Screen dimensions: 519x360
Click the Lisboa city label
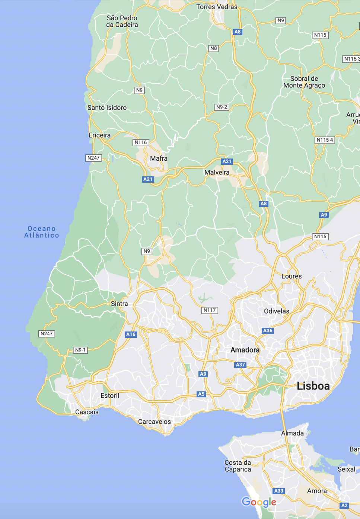(313, 386)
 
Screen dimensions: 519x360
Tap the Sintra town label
(119, 304)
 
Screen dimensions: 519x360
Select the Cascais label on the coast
(87, 412)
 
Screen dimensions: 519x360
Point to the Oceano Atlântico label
(42, 232)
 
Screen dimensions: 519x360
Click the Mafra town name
(159, 158)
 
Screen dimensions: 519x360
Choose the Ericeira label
(99, 135)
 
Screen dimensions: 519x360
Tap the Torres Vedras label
(217, 7)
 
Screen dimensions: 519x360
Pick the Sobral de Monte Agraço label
(304, 82)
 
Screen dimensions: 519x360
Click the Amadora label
(245, 350)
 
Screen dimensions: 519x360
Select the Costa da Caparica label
(238, 466)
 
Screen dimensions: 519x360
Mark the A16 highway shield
(131, 334)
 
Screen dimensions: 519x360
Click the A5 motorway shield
(201, 394)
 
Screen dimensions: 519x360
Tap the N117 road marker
(210, 310)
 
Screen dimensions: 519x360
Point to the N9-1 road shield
(80, 350)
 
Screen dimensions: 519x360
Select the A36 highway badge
(268, 330)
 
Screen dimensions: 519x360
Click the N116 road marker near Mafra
(141, 142)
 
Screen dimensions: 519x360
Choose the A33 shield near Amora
(279, 491)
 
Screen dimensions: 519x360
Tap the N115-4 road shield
(325, 140)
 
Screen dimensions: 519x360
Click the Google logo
(259, 502)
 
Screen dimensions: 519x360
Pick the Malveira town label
(217, 172)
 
